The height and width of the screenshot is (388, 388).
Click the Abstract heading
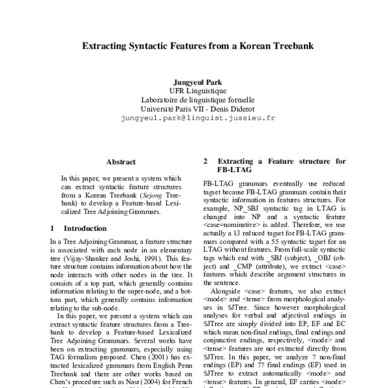tap(121, 162)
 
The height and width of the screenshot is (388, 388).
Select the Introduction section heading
tap(85, 228)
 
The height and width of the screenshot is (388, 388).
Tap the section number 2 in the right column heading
tap(206, 161)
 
